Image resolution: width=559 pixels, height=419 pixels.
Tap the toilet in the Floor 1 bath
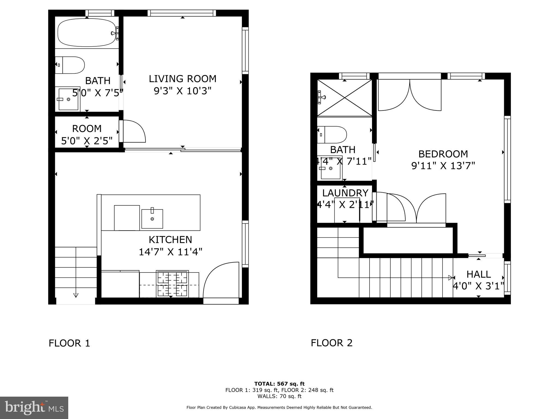click(x=70, y=65)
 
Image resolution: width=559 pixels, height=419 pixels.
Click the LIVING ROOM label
click(x=182, y=79)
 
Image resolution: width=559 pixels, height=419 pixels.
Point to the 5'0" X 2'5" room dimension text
click(x=87, y=141)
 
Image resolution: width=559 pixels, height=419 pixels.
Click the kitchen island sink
click(x=152, y=219)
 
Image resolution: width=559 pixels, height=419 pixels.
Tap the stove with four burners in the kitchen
click(x=172, y=284)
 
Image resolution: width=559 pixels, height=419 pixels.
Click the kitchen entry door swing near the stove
click(x=221, y=281)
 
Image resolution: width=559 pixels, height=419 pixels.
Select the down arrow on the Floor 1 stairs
click(x=76, y=295)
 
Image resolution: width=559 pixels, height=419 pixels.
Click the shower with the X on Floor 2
click(x=344, y=98)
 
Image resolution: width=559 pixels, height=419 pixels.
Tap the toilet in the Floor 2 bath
click(x=332, y=135)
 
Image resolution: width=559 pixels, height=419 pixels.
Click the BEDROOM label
click(x=443, y=154)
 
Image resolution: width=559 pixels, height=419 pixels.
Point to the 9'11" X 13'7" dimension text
click(x=443, y=166)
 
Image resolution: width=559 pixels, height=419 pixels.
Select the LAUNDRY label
click(x=345, y=193)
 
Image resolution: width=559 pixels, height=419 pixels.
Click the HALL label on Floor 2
click(x=478, y=274)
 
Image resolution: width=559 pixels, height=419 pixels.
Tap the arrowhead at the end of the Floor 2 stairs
click(x=450, y=278)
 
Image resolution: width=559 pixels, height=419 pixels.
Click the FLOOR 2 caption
click(x=331, y=343)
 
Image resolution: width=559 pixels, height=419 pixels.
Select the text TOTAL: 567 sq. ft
click(x=279, y=384)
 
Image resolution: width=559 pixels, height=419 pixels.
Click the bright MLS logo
click(x=34, y=408)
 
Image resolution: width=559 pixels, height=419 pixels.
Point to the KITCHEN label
click(x=170, y=240)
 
